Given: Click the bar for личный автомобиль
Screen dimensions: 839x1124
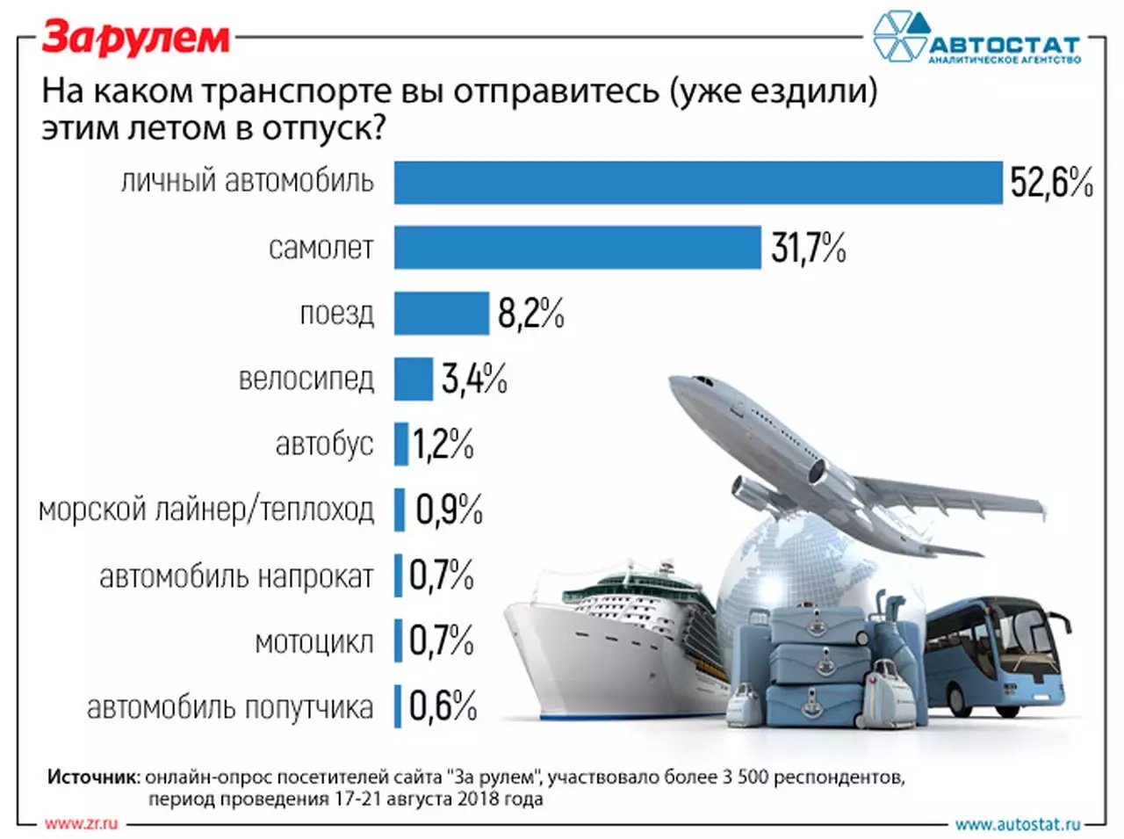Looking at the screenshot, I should point(698,183).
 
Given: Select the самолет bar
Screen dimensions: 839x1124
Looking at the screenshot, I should point(577,247).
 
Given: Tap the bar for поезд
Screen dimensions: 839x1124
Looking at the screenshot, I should point(441,313).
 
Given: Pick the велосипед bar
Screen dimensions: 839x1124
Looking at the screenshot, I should point(413,379).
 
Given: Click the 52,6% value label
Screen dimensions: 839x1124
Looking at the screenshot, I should point(1051,183).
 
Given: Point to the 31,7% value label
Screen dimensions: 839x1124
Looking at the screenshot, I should point(808,249).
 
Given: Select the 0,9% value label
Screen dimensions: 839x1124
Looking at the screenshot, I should point(449,510).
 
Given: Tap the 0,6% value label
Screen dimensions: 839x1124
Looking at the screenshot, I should point(443,705).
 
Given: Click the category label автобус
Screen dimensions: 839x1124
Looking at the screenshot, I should point(324,445).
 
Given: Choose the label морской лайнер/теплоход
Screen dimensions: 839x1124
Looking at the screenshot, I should point(206,510).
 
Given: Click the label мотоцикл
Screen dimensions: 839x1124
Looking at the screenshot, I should point(313,642).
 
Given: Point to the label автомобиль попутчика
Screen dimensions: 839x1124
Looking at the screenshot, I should point(230,707).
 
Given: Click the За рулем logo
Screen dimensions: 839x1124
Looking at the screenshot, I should point(136,37).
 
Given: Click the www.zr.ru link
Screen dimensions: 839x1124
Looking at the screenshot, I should point(81,823).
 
